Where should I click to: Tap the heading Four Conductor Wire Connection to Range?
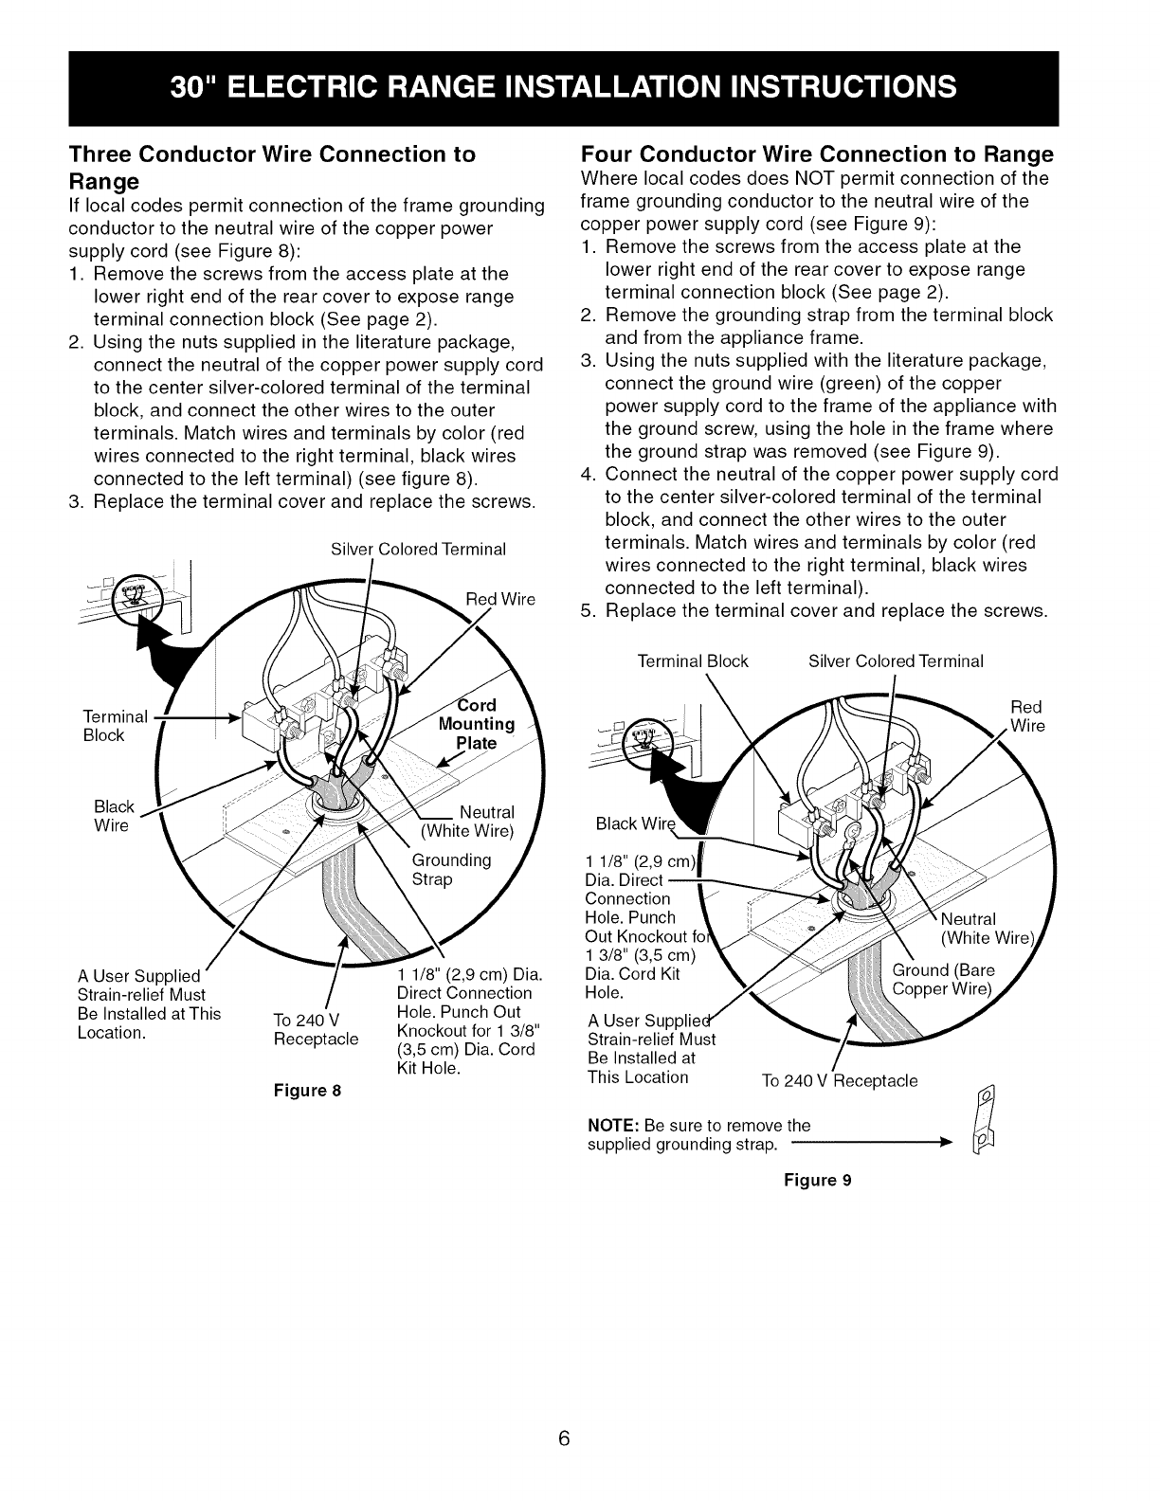(x=816, y=154)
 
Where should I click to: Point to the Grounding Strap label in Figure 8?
(x=451, y=870)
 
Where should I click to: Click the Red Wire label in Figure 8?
(x=501, y=599)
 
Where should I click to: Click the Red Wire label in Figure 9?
(x=1026, y=716)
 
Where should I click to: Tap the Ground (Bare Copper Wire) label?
(x=944, y=980)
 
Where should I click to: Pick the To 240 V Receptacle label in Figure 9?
(x=840, y=1081)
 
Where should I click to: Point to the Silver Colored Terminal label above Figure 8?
(x=418, y=550)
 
